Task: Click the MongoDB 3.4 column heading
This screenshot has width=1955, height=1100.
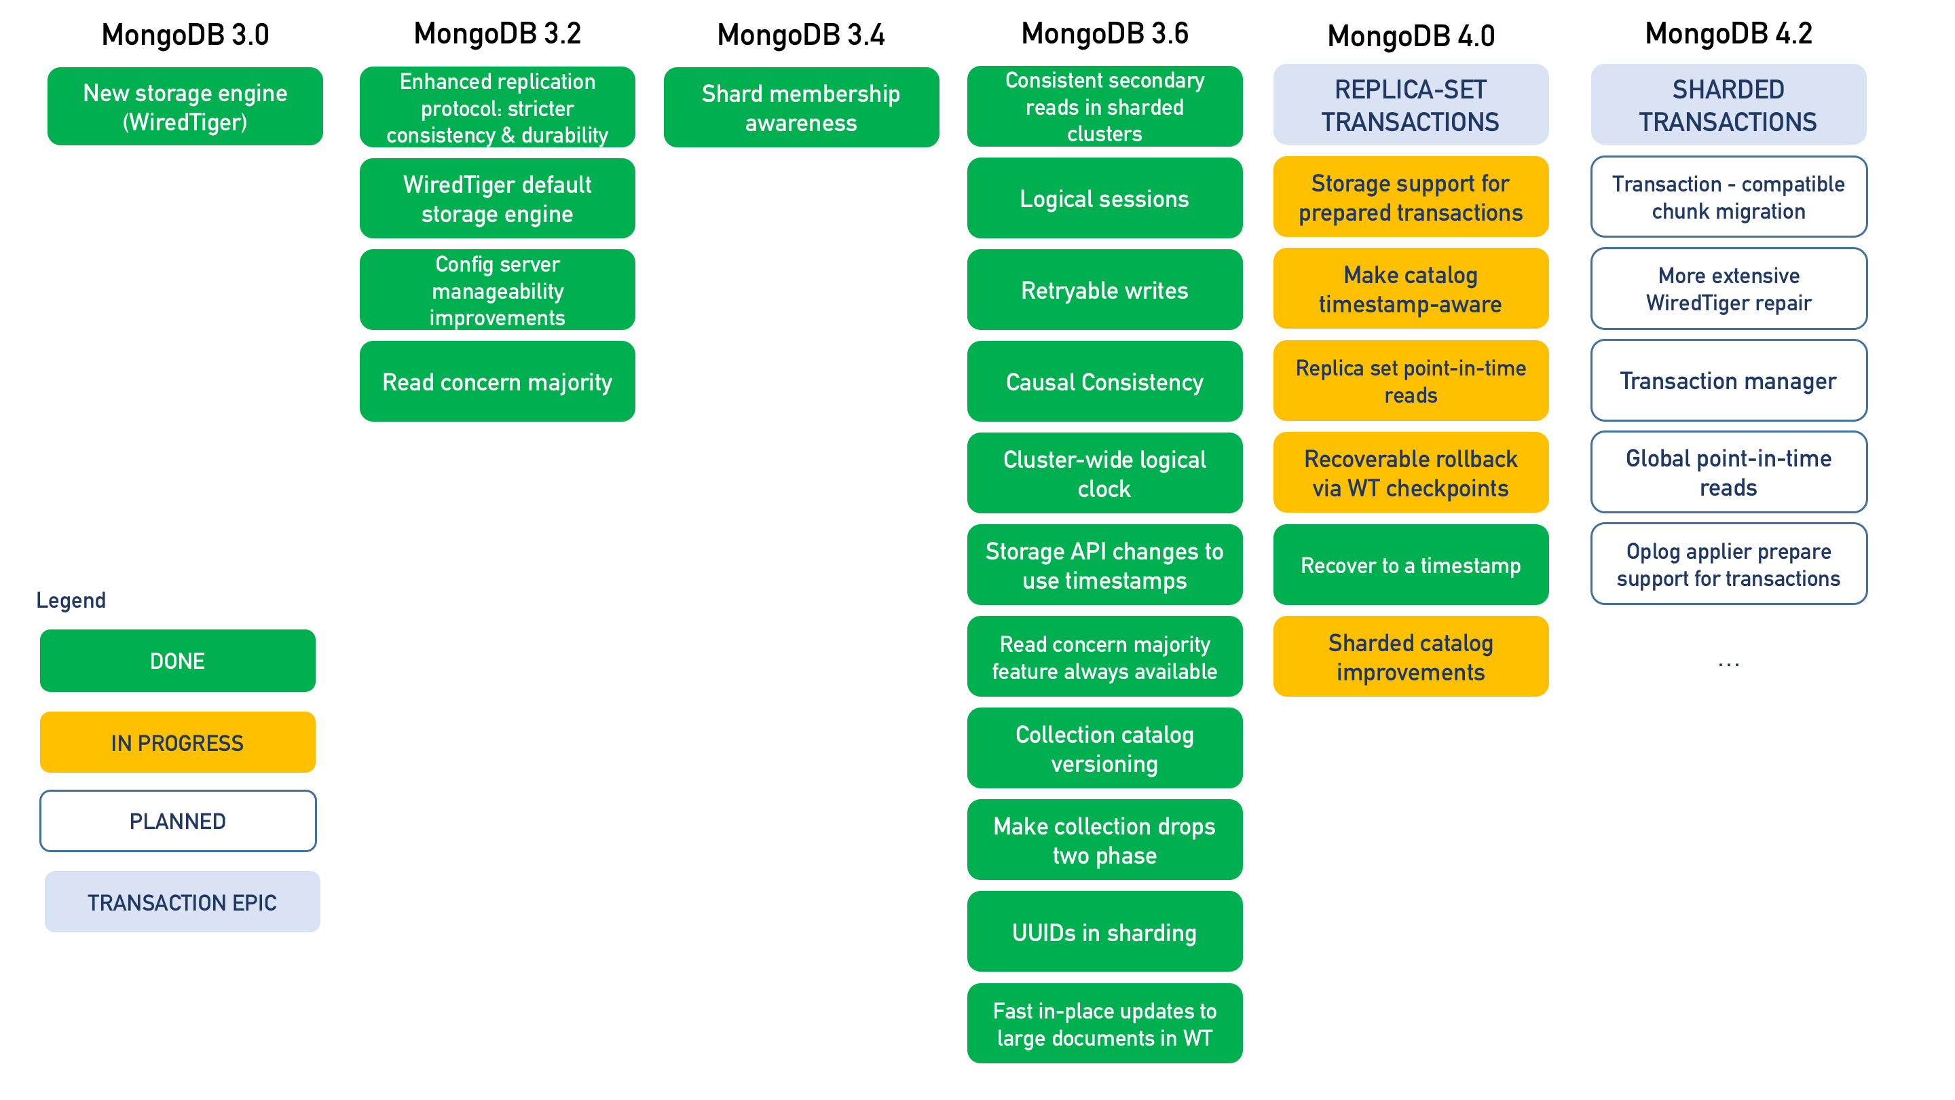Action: click(x=801, y=35)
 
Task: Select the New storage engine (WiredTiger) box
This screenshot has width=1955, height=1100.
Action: click(x=185, y=107)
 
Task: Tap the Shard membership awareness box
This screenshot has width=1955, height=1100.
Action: click(x=801, y=108)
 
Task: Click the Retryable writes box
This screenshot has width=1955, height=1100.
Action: click(x=1104, y=290)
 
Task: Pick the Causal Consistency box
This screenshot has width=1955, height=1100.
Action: click(x=1104, y=382)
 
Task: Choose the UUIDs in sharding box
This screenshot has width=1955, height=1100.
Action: click(x=1104, y=932)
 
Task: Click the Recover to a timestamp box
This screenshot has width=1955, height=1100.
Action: click(x=1410, y=566)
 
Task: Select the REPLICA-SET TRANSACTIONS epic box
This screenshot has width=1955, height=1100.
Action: click(x=1410, y=105)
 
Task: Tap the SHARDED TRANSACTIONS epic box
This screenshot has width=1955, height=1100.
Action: click(x=1728, y=105)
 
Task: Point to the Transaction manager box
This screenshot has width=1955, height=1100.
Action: click(x=1728, y=380)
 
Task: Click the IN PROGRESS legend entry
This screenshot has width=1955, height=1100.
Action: click(x=178, y=742)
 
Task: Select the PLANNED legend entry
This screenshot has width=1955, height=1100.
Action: click(x=178, y=822)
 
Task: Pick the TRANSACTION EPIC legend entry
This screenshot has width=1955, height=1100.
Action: click(x=182, y=902)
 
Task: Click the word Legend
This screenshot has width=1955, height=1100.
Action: click(x=71, y=600)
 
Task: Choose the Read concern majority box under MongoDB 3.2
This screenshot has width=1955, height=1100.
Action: click(x=497, y=382)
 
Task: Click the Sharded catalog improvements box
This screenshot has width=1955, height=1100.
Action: click(x=1410, y=657)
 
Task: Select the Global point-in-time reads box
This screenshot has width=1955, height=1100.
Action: click(x=1728, y=472)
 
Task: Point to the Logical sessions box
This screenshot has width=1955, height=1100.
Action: click(x=1104, y=199)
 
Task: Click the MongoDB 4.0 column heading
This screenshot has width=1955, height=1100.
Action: click(x=1410, y=36)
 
